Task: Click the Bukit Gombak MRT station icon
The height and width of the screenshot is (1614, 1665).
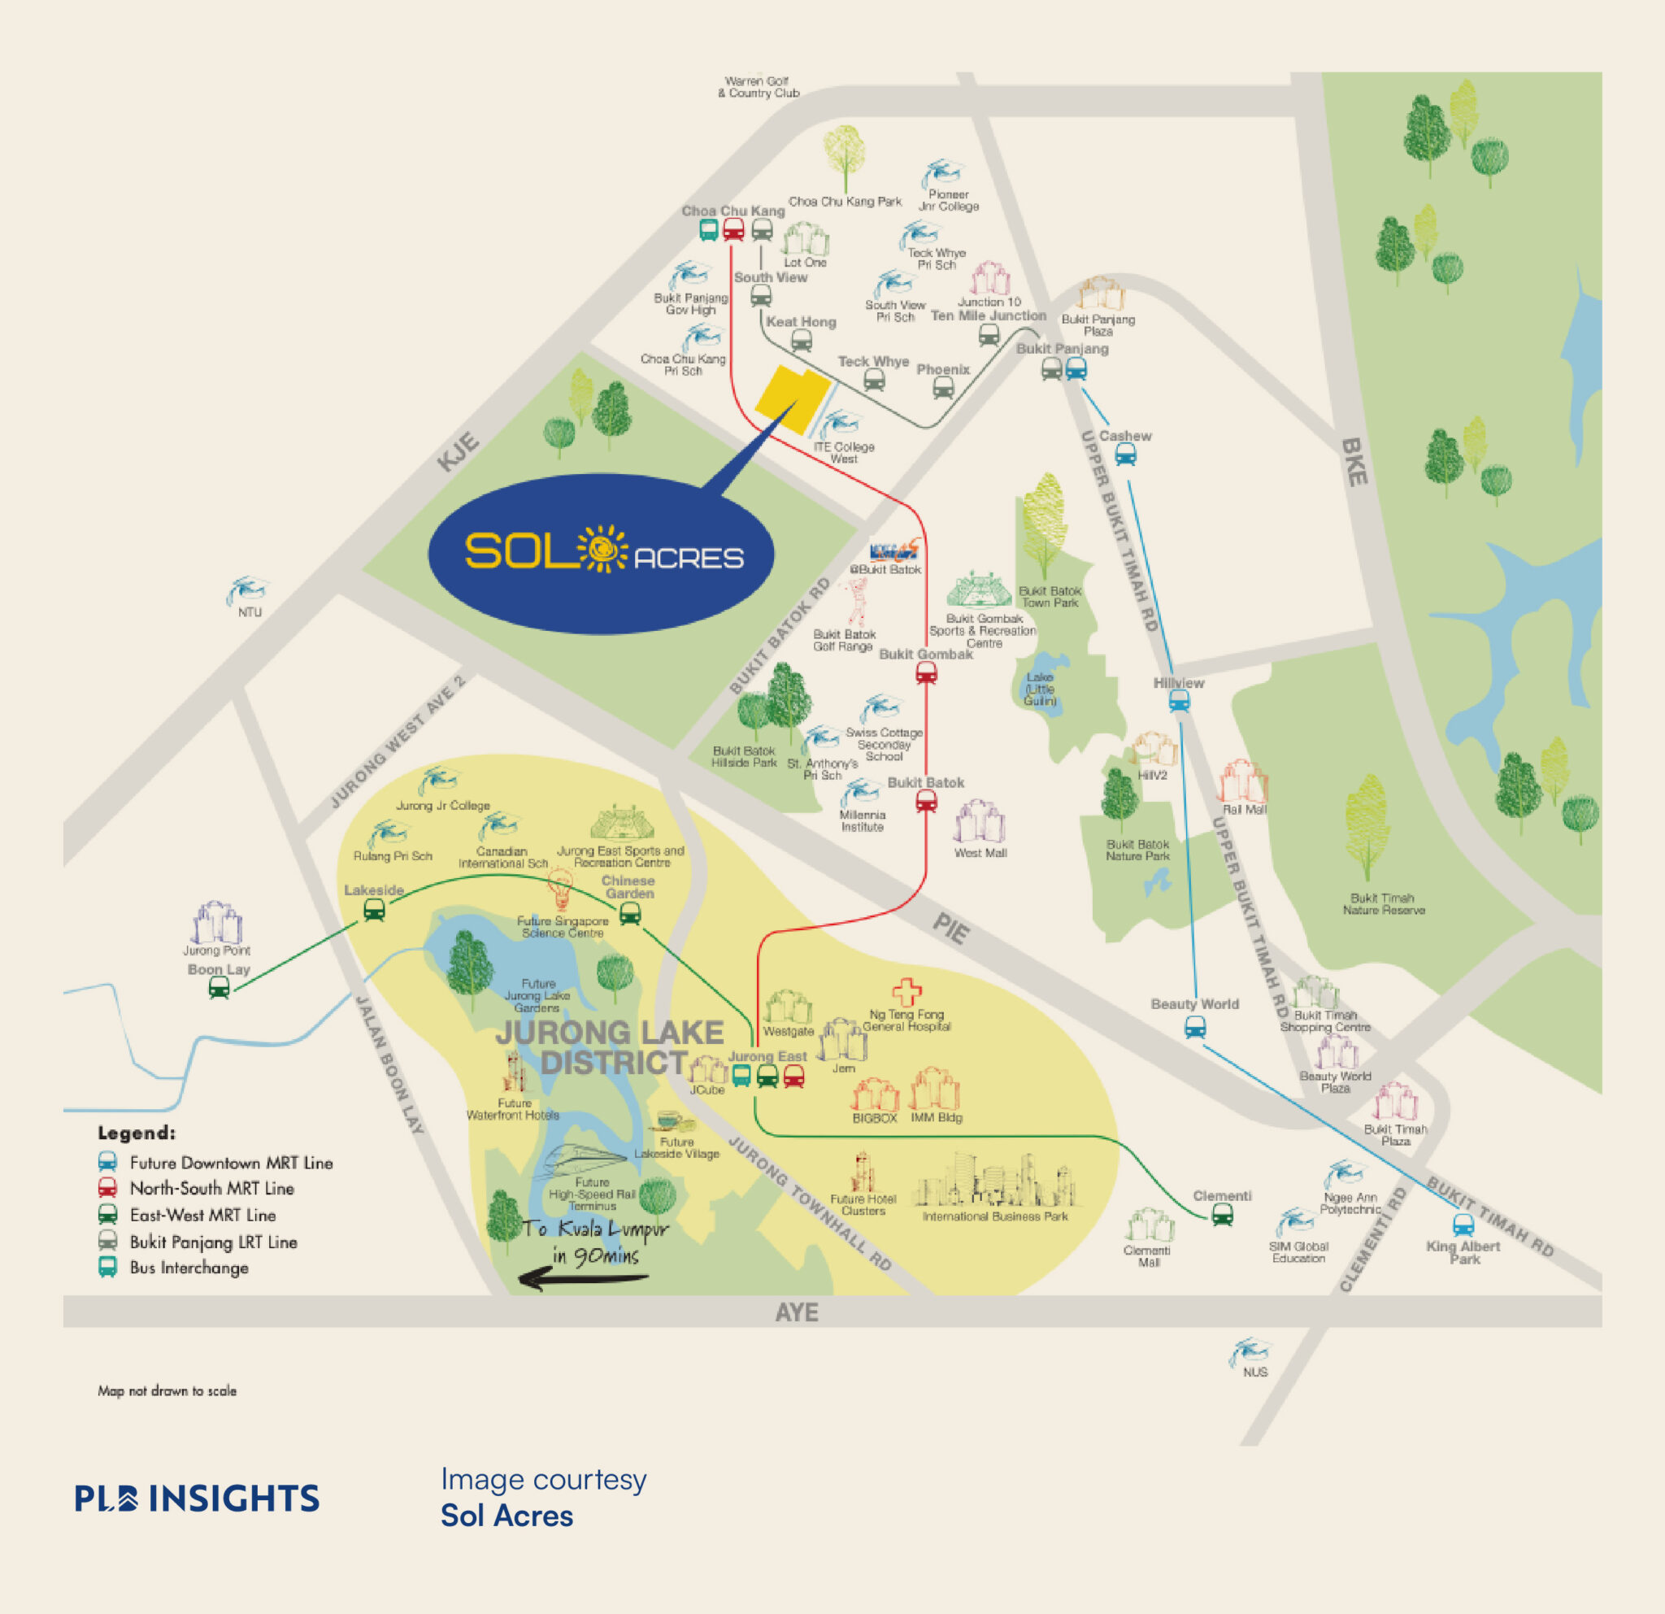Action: coord(926,673)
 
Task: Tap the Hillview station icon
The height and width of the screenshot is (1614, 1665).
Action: coord(1179,701)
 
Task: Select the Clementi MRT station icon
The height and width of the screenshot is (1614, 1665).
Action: coord(1223,1216)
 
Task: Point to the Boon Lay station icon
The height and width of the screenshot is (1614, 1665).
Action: coord(220,988)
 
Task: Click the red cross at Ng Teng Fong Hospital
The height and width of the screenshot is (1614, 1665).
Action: coord(906,991)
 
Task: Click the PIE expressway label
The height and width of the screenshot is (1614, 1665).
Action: coord(950,929)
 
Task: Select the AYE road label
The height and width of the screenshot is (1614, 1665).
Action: coord(796,1312)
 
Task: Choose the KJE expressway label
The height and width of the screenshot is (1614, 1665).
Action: coord(458,451)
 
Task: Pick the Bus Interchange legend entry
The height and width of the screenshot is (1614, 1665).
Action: coord(189,1268)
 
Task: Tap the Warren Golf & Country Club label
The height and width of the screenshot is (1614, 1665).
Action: coord(758,88)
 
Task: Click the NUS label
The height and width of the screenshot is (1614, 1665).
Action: coord(1254,1372)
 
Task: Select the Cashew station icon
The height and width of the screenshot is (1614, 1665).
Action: coord(1125,455)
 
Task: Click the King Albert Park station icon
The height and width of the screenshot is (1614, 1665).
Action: coord(1463,1225)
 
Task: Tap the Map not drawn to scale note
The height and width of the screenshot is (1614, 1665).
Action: coord(167,1390)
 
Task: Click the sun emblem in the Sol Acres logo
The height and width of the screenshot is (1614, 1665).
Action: coord(602,550)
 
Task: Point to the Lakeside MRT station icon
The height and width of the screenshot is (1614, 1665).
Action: coord(374,911)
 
